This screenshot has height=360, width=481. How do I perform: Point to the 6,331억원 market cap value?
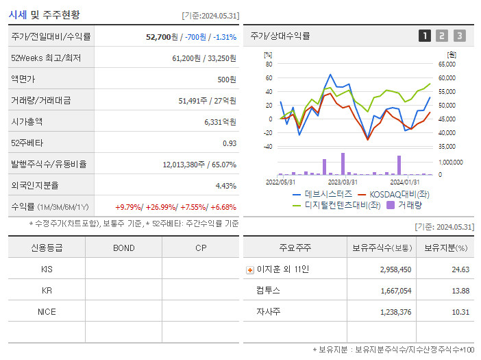[x=220, y=121]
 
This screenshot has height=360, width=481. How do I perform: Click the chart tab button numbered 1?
[x=425, y=36]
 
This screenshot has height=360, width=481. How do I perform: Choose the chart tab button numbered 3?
[x=459, y=36]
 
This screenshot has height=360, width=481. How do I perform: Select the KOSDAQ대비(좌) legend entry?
[x=394, y=194]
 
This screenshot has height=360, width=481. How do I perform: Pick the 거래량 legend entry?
[x=409, y=204]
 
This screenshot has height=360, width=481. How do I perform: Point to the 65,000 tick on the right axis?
[x=446, y=64]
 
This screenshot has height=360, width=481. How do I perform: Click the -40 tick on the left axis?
[x=267, y=146]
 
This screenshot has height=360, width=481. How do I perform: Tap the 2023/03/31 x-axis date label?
[x=343, y=182]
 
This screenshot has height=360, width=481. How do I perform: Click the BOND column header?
[x=123, y=248]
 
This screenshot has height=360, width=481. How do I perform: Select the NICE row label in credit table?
[x=47, y=311]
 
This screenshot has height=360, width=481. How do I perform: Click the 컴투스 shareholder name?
[x=268, y=290]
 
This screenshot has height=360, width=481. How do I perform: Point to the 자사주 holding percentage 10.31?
[x=460, y=311]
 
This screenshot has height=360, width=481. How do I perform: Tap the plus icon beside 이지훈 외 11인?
[x=249, y=269]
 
